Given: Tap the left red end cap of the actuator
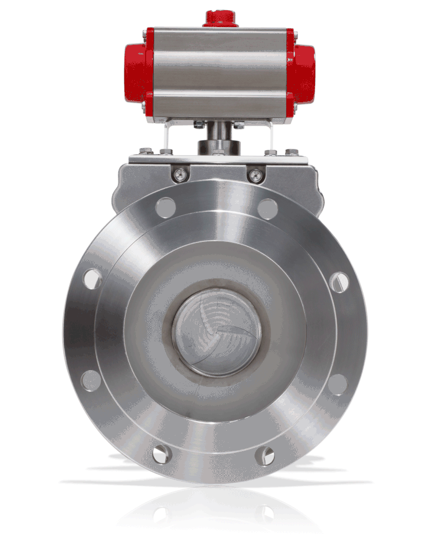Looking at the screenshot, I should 137,73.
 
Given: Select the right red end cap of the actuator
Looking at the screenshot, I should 303,73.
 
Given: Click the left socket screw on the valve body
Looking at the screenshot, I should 181,174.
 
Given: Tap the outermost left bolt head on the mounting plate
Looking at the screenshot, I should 145,151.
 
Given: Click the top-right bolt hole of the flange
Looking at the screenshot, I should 267,208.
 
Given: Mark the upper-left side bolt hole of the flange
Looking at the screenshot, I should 93,279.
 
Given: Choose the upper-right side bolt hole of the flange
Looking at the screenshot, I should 339,282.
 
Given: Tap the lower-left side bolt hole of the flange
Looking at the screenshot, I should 91,380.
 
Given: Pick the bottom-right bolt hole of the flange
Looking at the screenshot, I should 265,456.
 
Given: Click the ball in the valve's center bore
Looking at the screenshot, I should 216,331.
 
